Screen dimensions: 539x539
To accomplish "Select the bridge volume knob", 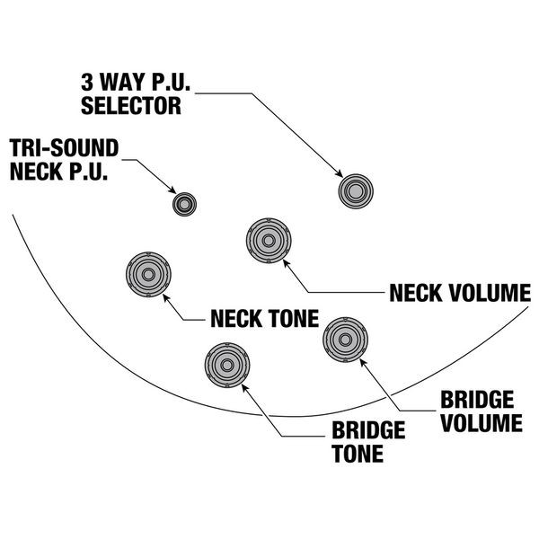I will [344, 339].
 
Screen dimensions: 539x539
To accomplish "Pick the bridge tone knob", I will [227, 365].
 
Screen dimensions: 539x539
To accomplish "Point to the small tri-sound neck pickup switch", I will [185, 204].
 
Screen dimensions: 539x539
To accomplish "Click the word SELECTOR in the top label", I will [131, 106].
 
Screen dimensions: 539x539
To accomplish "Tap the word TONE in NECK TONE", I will [288, 319].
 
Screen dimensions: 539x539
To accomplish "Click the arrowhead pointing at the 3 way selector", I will [341, 174].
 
